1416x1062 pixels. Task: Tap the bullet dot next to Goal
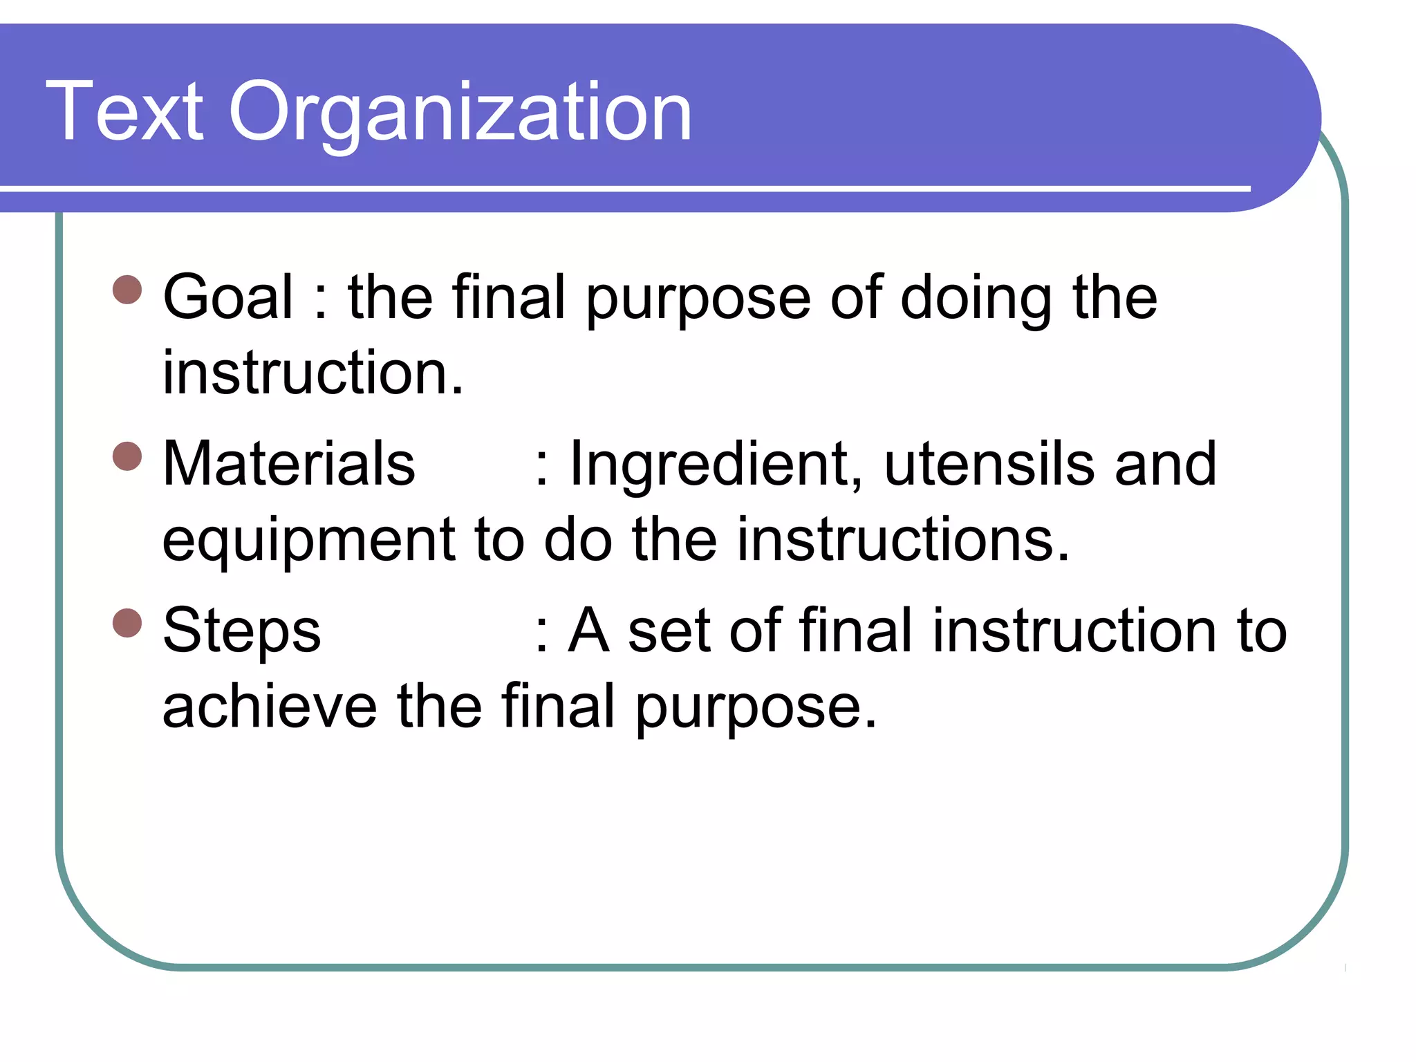pos(127,290)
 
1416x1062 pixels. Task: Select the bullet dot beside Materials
pos(127,456)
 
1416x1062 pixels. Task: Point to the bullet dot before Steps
pos(127,622)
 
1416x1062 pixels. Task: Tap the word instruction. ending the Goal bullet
pos(313,373)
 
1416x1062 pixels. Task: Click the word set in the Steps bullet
pos(669,631)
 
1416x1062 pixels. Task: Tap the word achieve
pos(270,707)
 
